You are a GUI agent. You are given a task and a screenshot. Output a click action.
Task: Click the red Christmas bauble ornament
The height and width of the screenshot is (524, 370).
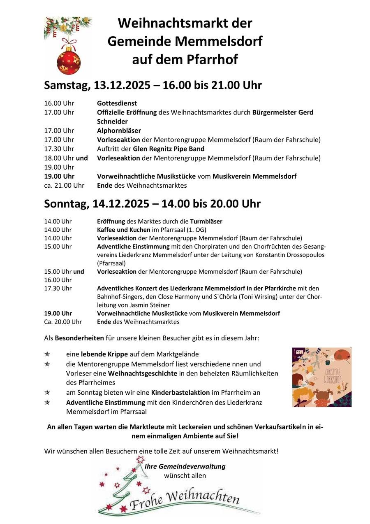point(68,61)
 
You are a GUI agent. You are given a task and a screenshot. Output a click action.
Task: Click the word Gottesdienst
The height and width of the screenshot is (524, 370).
point(117,103)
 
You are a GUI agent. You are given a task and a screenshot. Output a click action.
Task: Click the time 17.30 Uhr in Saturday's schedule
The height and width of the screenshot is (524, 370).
point(59,149)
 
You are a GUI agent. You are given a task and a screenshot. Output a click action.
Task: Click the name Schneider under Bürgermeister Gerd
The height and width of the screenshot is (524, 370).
point(112,121)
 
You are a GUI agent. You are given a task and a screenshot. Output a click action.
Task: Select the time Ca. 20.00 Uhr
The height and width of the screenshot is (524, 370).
point(63,322)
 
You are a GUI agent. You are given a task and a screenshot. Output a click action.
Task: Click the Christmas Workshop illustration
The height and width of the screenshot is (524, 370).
point(321,377)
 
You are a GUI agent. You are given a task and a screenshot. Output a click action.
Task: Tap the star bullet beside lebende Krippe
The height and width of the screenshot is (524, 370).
point(47,354)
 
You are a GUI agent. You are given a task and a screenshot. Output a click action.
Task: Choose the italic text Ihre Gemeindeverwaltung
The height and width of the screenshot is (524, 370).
point(185,466)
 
